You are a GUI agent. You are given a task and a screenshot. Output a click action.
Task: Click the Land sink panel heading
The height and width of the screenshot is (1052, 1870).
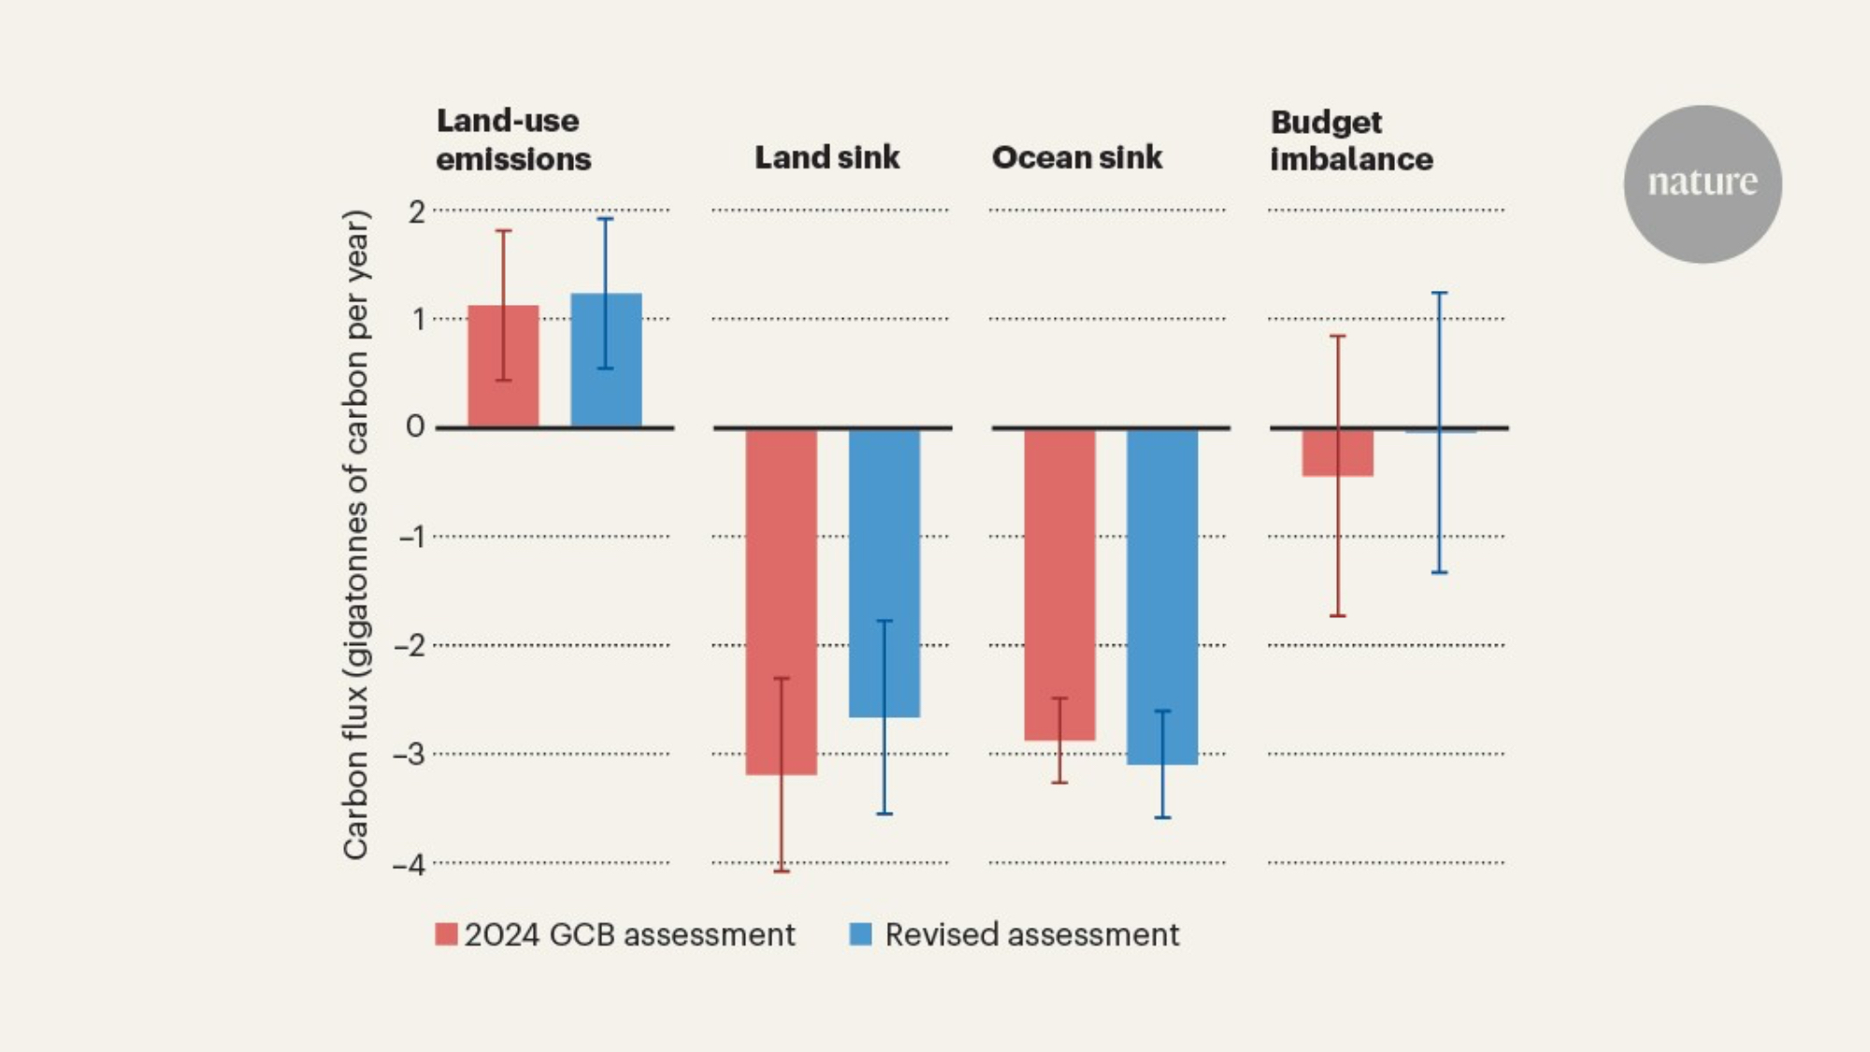tap(827, 157)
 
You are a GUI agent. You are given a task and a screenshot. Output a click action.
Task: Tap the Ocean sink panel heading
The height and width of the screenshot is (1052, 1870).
tap(1077, 157)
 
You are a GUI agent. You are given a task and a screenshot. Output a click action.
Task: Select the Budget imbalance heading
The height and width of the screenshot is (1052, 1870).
tap(1351, 140)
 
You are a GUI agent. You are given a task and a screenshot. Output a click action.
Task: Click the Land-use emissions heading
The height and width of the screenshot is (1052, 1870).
tap(513, 139)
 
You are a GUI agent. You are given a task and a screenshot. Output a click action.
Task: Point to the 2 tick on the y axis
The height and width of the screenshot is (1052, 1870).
tap(416, 211)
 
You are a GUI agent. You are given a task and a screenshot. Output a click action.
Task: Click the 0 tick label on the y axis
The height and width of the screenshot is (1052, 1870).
tap(415, 426)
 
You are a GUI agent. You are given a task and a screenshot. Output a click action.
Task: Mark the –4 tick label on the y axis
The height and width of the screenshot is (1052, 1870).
tap(409, 864)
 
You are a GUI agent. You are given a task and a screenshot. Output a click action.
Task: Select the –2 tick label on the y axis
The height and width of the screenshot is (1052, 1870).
tap(409, 645)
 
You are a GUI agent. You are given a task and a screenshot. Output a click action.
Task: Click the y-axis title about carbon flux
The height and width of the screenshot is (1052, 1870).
tap(356, 535)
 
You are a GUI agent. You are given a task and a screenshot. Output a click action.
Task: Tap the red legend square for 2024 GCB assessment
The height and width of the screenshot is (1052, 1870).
tap(446, 934)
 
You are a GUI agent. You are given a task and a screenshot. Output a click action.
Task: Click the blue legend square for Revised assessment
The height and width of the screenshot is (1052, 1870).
tap(860, 934)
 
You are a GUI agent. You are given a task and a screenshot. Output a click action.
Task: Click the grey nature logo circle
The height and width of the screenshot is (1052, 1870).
tap(1703, 183)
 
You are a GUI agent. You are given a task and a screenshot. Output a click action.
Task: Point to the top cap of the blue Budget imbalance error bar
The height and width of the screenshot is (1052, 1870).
tap(1440, 293)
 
